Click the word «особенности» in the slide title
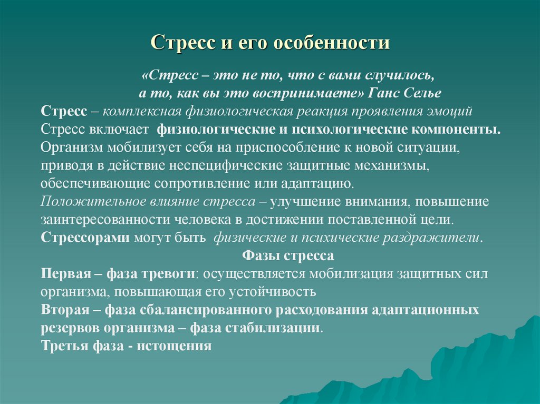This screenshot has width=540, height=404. tap(331, 43)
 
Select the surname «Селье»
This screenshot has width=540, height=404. tap(425, 93)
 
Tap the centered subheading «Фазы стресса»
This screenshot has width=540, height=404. tap(288, 256)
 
